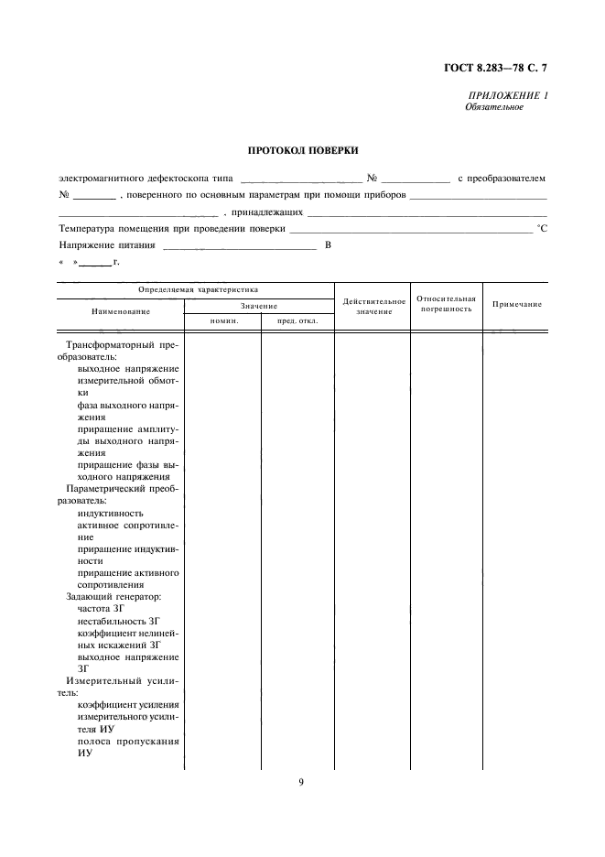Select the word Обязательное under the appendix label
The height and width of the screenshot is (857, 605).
(494, 107)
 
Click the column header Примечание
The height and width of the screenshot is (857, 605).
(517, 304)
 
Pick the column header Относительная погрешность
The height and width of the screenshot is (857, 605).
(447, 304)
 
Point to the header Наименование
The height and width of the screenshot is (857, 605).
(121, 312)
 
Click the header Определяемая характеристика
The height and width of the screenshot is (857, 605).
(198, 289)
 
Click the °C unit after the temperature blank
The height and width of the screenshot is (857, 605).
(541, 229)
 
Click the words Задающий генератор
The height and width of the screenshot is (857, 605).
(113, 596)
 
